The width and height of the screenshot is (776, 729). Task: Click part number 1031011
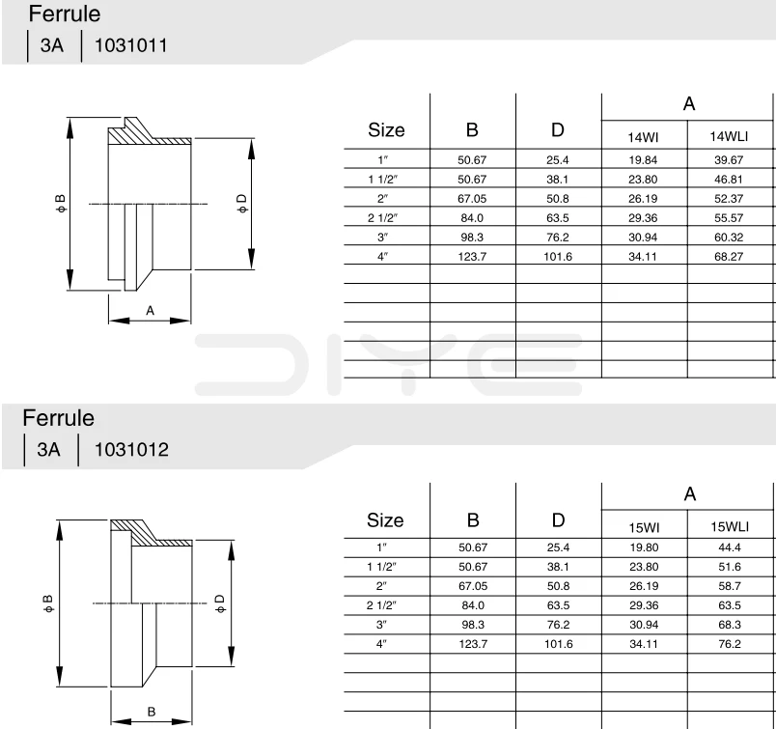(x=130, y=45)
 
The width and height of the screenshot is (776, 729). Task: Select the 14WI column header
(x=644, y=137)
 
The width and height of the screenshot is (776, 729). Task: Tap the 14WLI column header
(x=729, y=137)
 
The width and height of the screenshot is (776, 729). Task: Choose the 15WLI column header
(x=730, y=527)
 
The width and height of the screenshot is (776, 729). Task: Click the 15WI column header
(x=644, y=527)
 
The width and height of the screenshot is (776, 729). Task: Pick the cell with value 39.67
(x=729, y=159)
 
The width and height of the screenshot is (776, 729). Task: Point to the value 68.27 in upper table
(x=729, y=257)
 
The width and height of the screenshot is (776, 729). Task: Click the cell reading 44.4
(x=729, y=547)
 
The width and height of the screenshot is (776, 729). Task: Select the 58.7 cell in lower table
(x=729, y=586)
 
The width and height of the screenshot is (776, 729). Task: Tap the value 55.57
(x=729, y=218)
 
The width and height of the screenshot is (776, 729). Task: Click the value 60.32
(x=729, y=238)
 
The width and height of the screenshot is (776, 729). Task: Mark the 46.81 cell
(x=729, y=179)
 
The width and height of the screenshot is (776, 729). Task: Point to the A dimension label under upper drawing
(x=150, y=310)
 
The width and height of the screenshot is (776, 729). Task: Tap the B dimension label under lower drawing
(x=151, y=712)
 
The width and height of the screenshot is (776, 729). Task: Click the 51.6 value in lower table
(x=729, y=567)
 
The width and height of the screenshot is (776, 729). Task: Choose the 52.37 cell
(x=729, y=198)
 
